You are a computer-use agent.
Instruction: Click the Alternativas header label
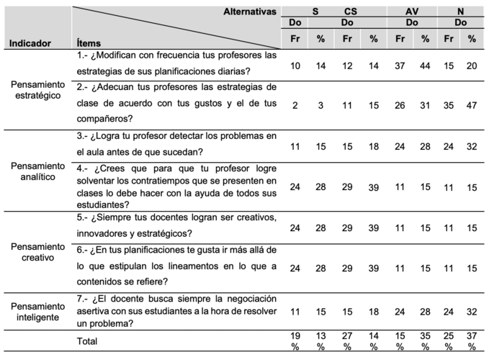tap(250, 12)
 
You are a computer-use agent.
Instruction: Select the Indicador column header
tap(30, 43)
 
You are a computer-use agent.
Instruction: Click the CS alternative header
tap(350, 12)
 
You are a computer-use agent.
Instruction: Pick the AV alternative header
tap(412, 12)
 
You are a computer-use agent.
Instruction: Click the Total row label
tap(87, 341)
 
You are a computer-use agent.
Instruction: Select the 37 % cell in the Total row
tap(472, 341)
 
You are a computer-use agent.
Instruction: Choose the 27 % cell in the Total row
tap(347, 341)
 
